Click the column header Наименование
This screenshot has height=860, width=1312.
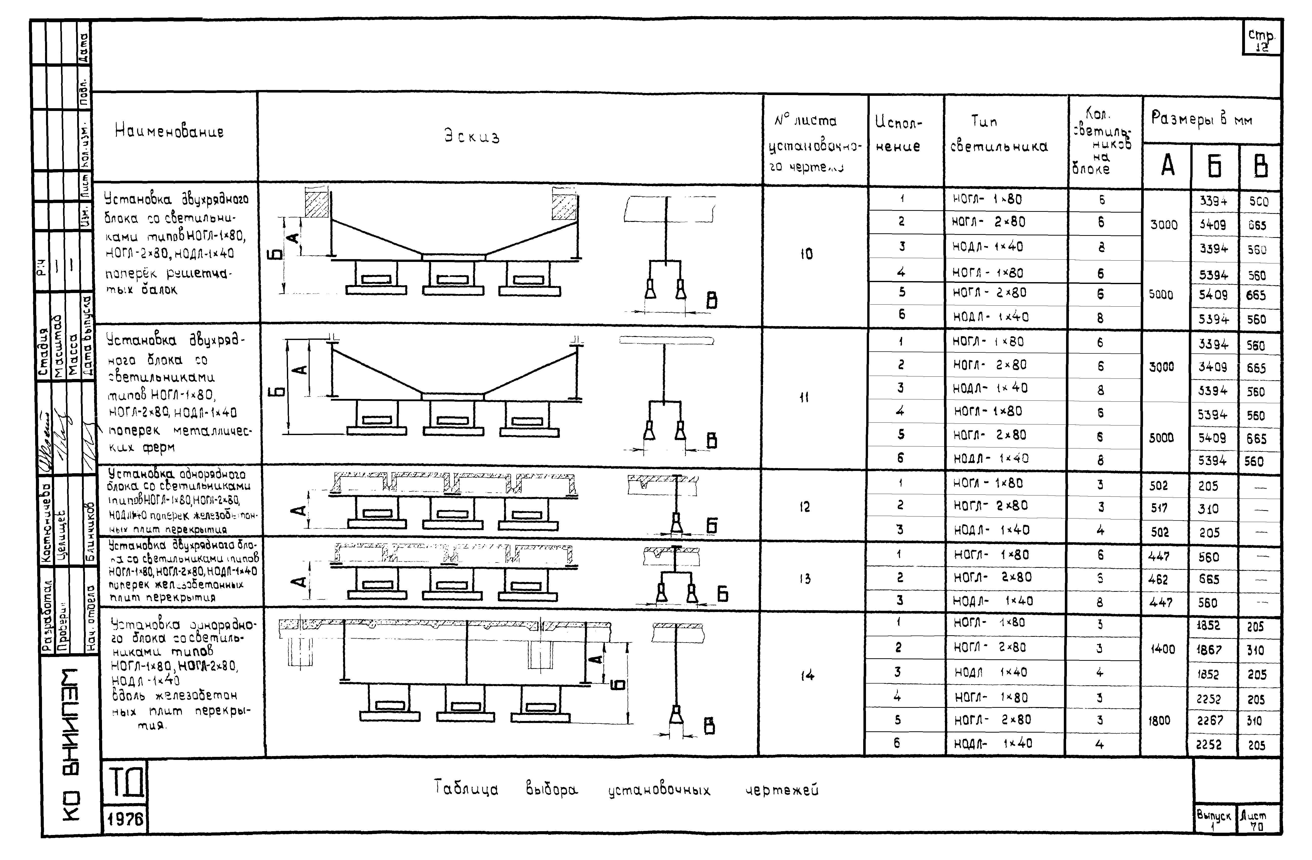tap(169, 131)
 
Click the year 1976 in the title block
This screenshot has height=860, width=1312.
tap(125, 820)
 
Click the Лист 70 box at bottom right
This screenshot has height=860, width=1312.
tap(1259, 820)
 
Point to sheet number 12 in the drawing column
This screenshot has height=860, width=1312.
tap(805, 507)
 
